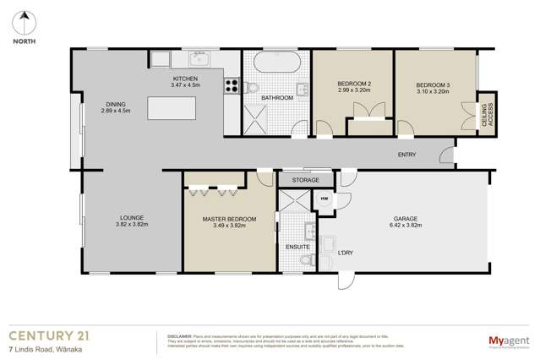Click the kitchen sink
(x=199, y=59)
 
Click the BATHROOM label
(x=276, y=98)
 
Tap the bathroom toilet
(x=252, y=88)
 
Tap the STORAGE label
(x=305, y=180)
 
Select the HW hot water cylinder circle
(x=325, y=199)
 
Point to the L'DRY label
(x=345, y=254)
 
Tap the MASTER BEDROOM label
(x=229, y=220)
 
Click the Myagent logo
(x=504, y=341)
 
